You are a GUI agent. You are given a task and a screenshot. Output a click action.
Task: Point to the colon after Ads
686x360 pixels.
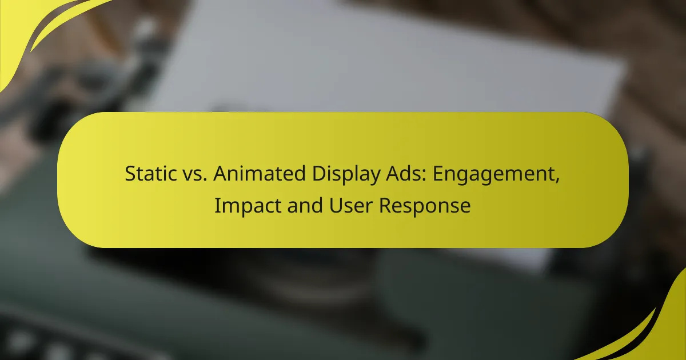pyautogui.click(x=407, y=175)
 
